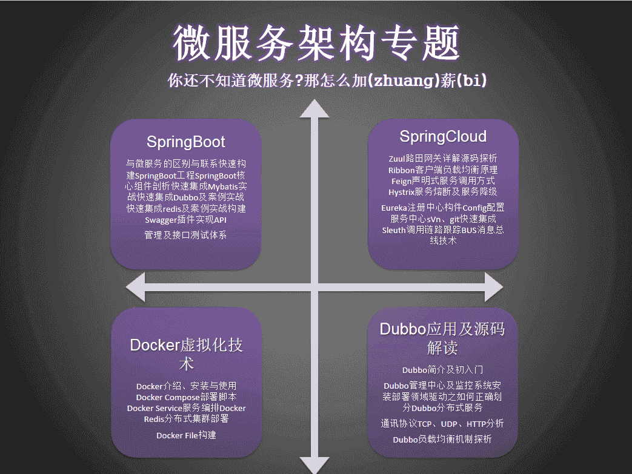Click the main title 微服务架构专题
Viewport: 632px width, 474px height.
point(316,44)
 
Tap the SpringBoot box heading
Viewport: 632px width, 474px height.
point(185,142)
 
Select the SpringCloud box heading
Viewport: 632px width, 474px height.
point(443,136)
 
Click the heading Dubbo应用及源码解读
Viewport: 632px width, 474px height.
point(442,338)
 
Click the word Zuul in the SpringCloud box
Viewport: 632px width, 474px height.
point(397,159)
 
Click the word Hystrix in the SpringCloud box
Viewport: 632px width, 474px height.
point(402,192)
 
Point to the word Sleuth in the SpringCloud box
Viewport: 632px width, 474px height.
point(394,230)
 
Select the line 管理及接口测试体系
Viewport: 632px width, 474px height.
point(185,235)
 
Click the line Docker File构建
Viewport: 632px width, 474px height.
point(186,435)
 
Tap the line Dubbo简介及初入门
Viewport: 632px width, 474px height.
point(442,369)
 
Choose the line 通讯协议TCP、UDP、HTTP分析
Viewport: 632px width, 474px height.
point(442,424)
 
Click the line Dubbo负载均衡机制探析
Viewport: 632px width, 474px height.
point(442,439)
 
